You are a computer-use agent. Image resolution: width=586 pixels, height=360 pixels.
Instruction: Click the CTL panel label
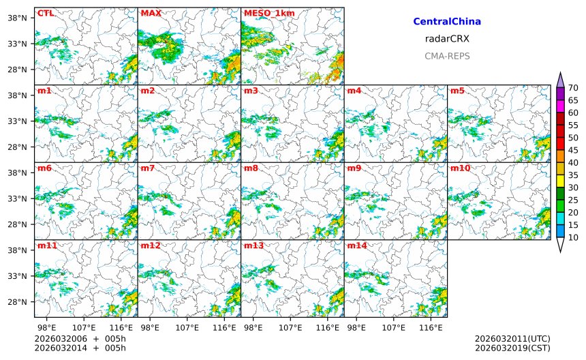pos(45,13)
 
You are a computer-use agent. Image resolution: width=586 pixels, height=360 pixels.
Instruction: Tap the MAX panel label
pos(150,13)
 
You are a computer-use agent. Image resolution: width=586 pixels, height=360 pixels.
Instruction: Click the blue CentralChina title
pos(447,22)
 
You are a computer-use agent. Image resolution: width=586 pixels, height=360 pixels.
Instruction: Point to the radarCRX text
pos(447,39)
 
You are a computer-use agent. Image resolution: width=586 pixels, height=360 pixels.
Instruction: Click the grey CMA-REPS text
pos(447,57)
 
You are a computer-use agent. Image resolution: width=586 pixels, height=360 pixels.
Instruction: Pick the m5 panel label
pos(457,91)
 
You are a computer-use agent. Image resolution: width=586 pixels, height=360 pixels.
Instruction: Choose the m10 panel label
pos(460,168)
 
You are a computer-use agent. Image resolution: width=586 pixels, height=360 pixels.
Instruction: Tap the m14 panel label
pos(356,245)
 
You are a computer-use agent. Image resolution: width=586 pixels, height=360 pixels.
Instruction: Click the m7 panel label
pos(147,168)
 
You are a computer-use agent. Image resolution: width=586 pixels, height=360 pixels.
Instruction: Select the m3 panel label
pos(251,91)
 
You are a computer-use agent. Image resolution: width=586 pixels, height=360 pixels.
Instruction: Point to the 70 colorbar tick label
pos(573,88)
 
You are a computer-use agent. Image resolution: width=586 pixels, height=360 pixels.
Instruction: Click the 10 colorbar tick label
pos(573,237)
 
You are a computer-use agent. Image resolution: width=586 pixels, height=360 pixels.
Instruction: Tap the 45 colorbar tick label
pos(573,150)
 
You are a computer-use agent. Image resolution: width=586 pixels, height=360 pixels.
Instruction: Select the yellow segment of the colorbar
pos(560,181)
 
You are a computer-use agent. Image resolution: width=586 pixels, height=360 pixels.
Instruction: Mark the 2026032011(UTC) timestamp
pos(512,339)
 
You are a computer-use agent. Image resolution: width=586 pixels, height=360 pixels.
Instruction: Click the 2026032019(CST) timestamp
pos(512,348)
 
